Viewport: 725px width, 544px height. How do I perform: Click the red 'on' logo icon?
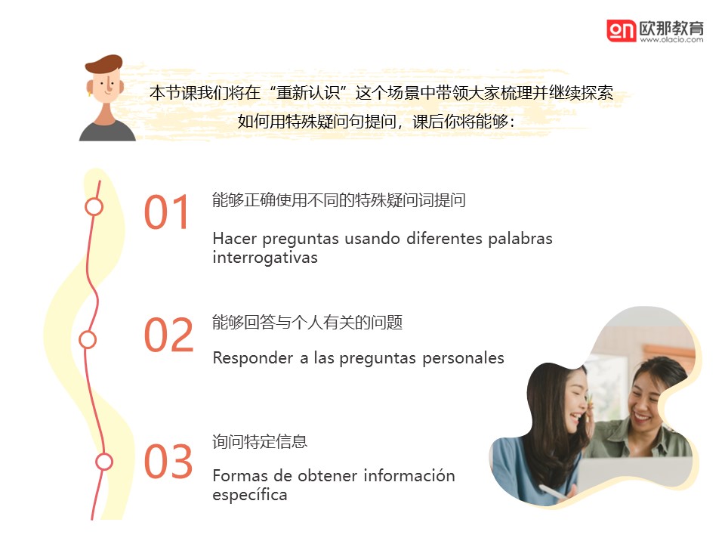point(622,31)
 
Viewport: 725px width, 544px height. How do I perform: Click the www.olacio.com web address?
point(671,40)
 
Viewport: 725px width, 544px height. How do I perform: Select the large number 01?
point(167,212)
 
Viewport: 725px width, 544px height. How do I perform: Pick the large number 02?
point(168,335)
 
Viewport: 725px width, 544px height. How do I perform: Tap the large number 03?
point(168,461)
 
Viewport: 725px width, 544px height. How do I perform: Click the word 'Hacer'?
point(234,239)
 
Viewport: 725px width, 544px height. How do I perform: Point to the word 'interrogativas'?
point(265,257)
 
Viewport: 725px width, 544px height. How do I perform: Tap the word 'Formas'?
point(239,475)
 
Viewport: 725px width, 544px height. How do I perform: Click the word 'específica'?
point(250,494)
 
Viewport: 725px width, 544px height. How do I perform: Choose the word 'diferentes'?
point(443,239)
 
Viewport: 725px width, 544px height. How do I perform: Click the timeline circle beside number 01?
point(94,207)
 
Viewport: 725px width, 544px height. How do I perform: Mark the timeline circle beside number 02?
point(88,340)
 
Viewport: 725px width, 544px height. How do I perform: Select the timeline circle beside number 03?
point(103,462)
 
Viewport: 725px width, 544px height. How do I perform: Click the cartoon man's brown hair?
point(105,63)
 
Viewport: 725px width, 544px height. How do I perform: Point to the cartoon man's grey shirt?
point(107,131)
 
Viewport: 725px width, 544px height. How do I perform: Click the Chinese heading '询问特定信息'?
point(260,441)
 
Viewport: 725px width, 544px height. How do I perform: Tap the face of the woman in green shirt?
point(646,399)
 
